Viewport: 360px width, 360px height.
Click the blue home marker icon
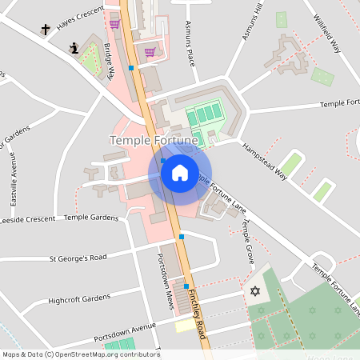coord(179,172)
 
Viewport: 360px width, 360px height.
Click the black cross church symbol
coord(46,30)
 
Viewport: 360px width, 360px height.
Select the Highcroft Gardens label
coord(78,298)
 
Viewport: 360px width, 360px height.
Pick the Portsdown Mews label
coord(166,278)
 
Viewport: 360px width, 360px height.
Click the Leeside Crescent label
coord(28,218)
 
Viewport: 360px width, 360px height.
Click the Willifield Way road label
coord(327,33)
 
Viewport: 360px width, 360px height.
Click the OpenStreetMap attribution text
coord(81,354)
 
